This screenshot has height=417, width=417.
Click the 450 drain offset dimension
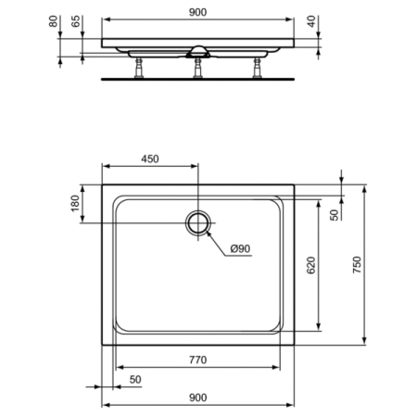click(149, 158)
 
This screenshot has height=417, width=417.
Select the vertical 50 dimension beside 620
click(334, 215)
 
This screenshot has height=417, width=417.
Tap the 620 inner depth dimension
click(311, 265)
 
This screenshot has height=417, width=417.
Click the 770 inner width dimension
click(196, 360)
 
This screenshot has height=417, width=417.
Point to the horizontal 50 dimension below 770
click(135, 379)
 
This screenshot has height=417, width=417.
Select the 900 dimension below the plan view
click(196, 398)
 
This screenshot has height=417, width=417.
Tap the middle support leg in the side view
click(197, 68)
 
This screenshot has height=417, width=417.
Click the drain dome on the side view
click(197, 49)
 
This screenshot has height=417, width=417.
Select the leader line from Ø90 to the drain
click(216, 240)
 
